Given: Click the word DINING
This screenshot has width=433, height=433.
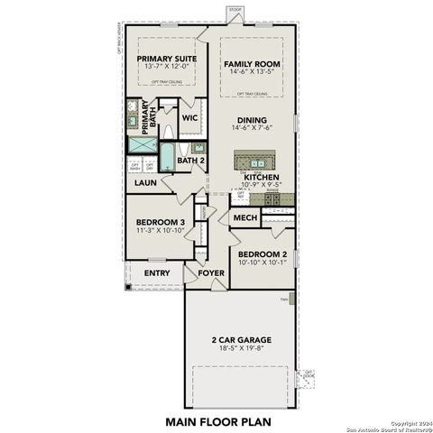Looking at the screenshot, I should point(252,119).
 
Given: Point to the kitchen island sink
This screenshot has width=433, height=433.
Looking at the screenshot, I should point(256,163).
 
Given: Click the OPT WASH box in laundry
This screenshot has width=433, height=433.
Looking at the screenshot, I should point(136,167).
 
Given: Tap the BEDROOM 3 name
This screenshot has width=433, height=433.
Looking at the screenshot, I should point(161,222).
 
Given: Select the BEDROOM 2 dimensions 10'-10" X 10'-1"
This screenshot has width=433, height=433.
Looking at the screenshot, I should point(262,263).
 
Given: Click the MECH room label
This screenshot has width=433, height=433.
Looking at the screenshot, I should point(245,218).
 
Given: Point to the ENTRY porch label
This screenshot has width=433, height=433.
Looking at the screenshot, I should point(157,273).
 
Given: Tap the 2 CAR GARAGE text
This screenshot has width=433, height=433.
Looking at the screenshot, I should point(241,340).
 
